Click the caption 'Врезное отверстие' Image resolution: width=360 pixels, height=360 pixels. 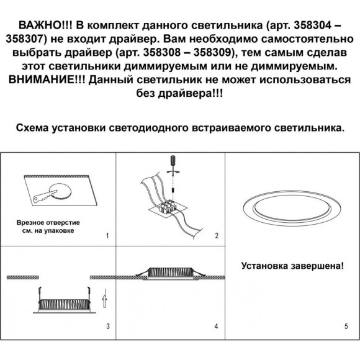[x=47, y=222]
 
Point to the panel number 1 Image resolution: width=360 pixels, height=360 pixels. [x=107, y=236]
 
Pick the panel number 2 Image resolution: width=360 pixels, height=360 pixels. [x=217, y=236]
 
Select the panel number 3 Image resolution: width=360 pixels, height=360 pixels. [x=107, y=326]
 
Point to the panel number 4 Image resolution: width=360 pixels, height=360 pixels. [x=217, y=326]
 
